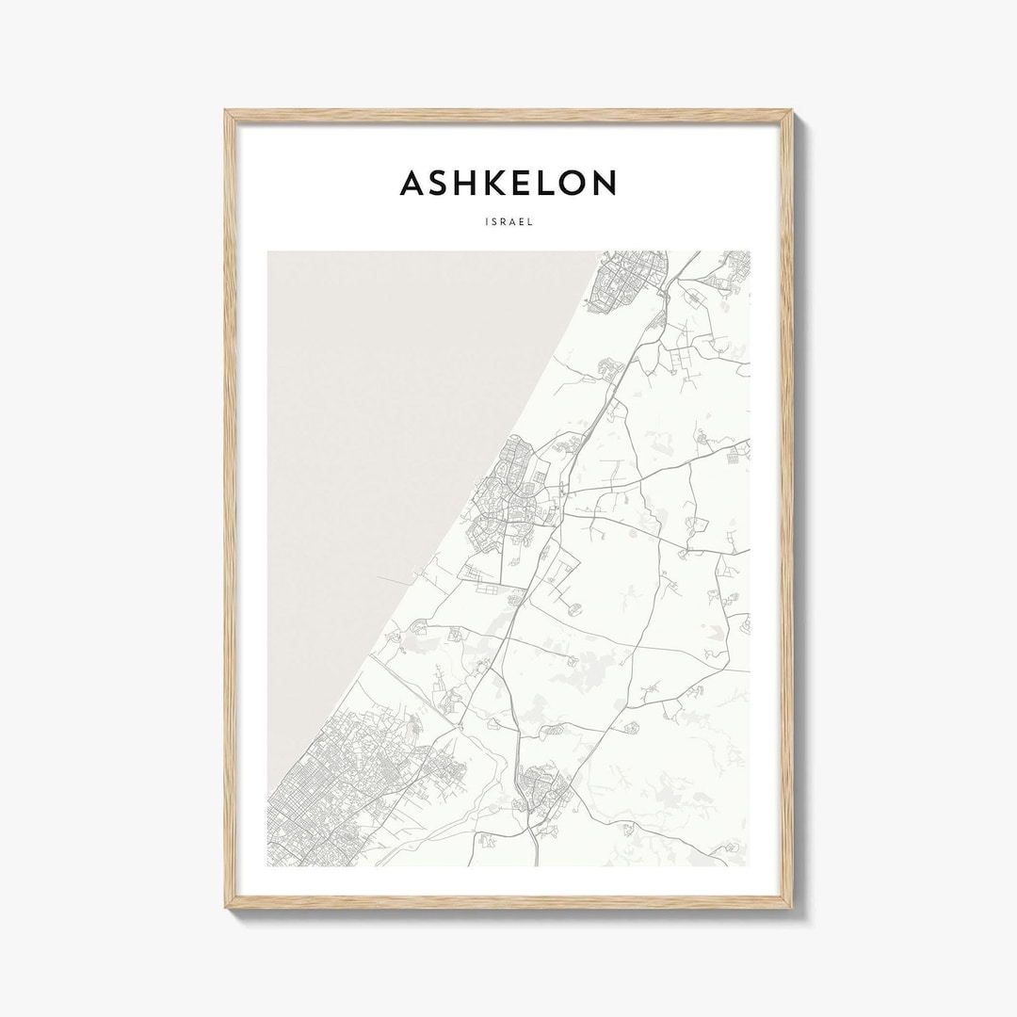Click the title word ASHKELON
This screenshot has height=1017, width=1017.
pyautogui.click(x=508, y=183)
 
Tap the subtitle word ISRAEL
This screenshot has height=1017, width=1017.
pyautogui.click(x=508, y=224)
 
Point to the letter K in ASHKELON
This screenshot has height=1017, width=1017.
pyautogui.click(x=482, y=183)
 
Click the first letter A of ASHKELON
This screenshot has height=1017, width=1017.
pyautogui.click(x=412, y=183)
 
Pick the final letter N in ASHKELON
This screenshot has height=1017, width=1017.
pyautogui.click(x=604, y=183)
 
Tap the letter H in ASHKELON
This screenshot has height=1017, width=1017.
pyautogui.click(x=460, y=183)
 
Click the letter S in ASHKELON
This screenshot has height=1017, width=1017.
pyautogui.click(x=436, y=183)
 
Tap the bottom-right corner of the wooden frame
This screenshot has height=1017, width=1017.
pyautogui.click(x=790, y=912)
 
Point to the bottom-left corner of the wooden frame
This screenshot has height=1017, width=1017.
pyautogui.click(x=227, y=912)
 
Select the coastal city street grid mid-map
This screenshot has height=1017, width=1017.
pyautogui.click(x=508, y=490)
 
